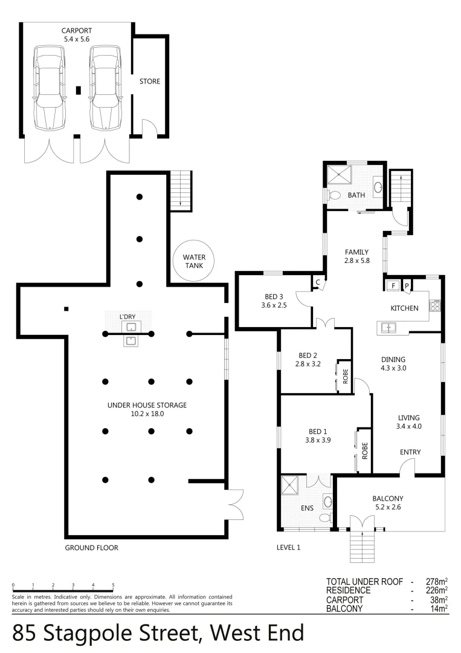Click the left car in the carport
click(x=49, y=89)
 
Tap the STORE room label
click(x=150, y=81)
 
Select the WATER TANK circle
click(x=194, y=261)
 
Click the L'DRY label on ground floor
click(x=127, y=316)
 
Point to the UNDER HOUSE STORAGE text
click(x=147, y=405)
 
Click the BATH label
click(x=356, y=195)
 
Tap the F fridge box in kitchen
click(x=393, y=285)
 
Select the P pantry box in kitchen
click(x=407, y=285)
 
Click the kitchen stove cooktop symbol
click(x=434, y=305)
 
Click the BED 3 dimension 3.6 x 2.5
click(x=274, y=305)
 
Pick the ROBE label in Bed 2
click(x=345, y=377)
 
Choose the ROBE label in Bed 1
click(x=364, y=450)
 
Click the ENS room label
click(x=307, y=508)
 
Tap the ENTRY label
click(x=410, y=452)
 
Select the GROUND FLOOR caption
click(x=91, y=548)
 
